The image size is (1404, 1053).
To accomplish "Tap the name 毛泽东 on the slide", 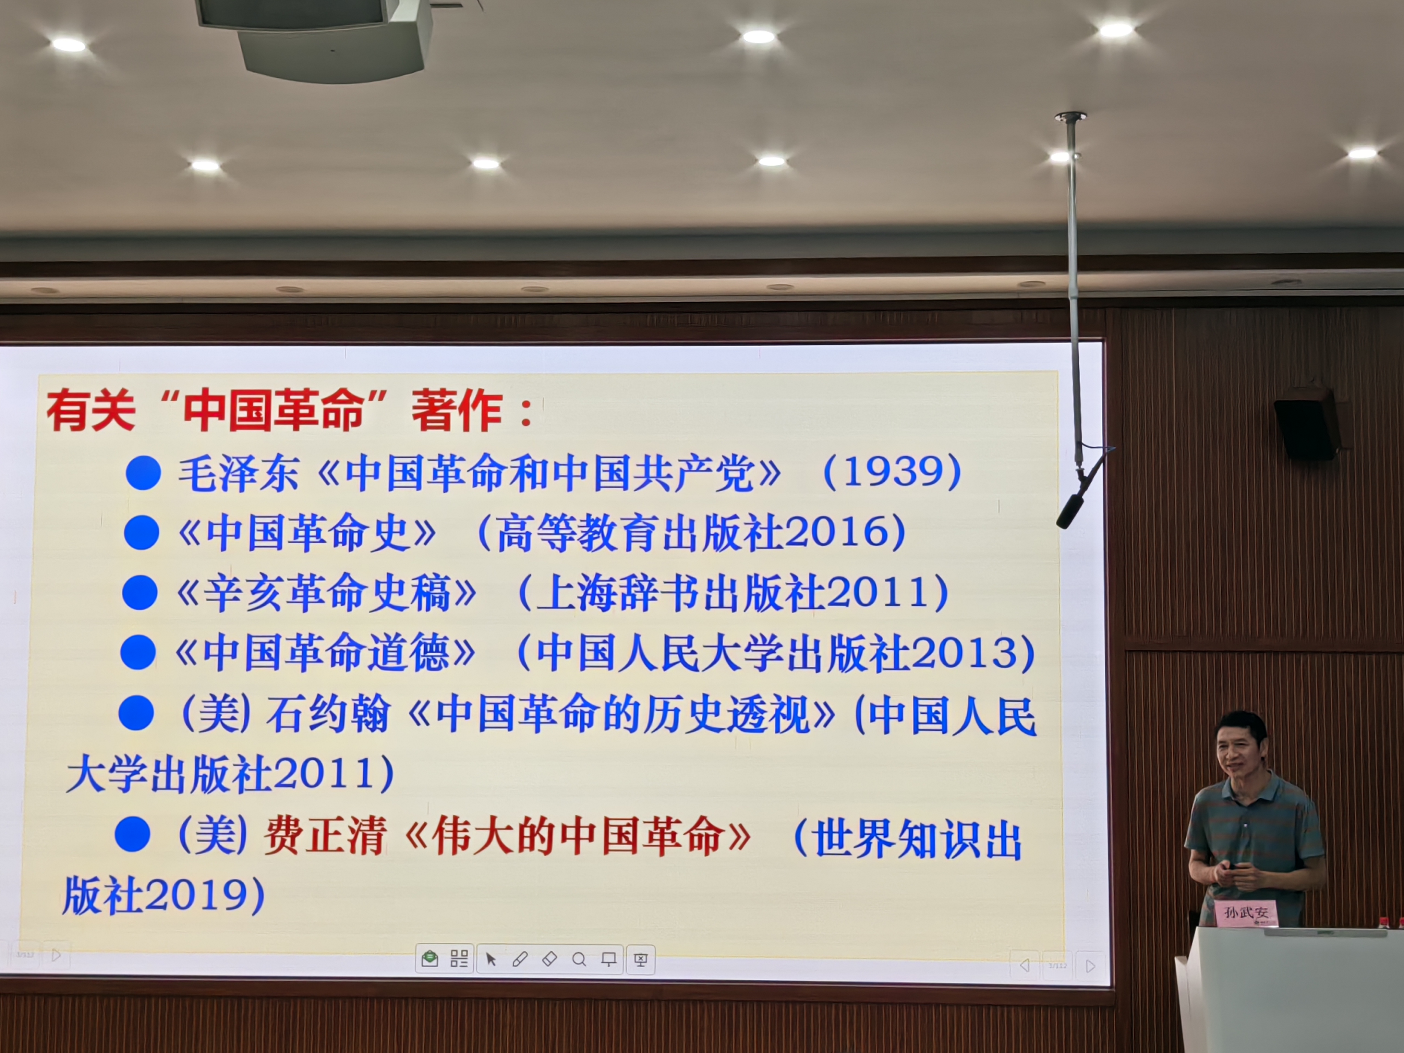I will click(238, 473).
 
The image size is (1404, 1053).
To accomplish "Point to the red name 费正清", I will click(325, 835).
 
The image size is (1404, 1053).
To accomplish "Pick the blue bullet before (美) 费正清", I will click(133, 834).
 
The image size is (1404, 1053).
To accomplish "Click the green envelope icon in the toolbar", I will click(430, 958).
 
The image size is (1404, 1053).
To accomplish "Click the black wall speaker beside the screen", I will click(1306, 423).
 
